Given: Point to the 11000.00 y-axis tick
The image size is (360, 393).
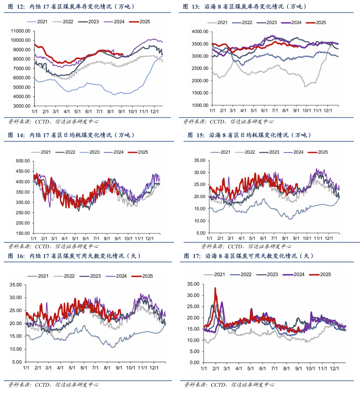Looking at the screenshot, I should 21,31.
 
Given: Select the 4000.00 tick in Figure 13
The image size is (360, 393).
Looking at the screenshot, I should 200,32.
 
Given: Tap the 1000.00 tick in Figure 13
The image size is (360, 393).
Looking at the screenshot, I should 200,105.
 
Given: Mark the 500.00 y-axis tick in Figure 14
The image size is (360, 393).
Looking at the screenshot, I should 23,161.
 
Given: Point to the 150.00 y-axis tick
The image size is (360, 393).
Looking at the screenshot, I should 23,233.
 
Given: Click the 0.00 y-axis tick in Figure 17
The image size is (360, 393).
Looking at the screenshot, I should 194,363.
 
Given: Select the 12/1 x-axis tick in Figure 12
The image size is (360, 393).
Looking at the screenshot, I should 154,111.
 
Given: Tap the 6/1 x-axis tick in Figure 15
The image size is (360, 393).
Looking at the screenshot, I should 263,238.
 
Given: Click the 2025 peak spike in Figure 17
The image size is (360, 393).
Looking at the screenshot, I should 215,288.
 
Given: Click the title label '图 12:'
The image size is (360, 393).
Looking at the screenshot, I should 16,6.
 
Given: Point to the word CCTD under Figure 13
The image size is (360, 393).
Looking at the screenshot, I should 217,122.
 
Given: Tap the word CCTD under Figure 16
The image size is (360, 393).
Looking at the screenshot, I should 42,385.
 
